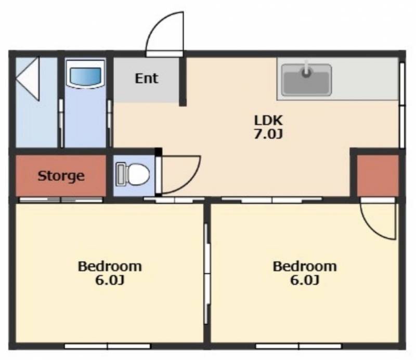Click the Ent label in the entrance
coord(147,78)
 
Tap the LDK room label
coord(268,121)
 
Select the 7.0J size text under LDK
coord(268,135)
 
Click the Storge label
coord(61,176)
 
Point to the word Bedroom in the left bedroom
coord(110,266)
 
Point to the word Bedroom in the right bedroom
coord(305,266)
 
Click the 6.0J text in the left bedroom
coord(110,280)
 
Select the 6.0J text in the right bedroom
coord(305,280)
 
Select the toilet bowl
coord(138,174)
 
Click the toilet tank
coord(121,174)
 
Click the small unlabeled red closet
coord(378,176)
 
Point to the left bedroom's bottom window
coord(108,346)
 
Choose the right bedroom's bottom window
coord(298,346)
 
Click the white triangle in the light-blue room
coord(28,79)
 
